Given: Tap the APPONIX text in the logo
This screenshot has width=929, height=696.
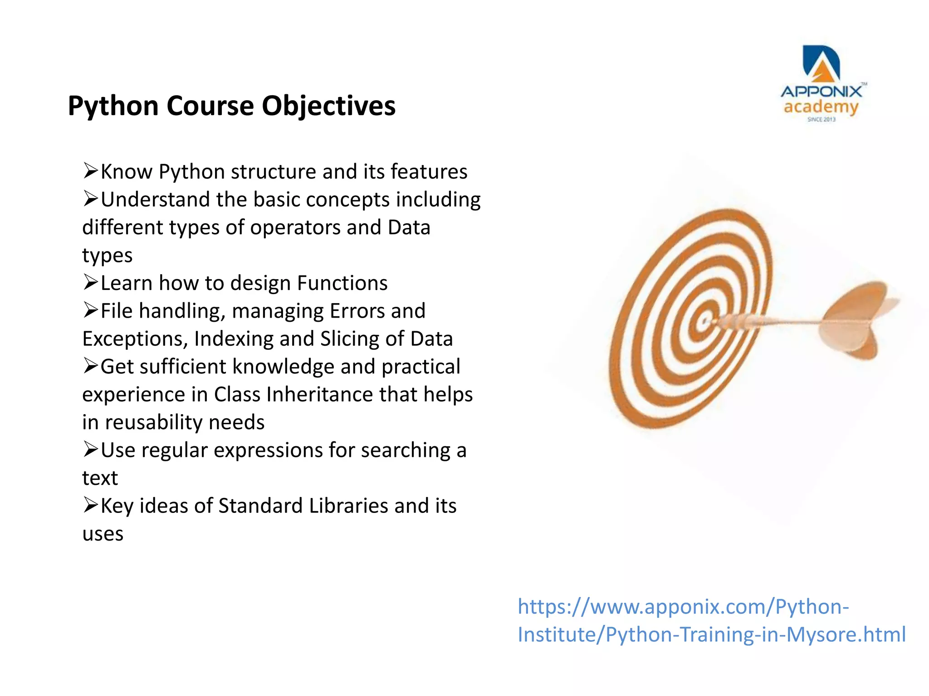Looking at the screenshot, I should [x=821, y=92].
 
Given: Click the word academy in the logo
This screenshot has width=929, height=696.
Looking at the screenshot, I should [x=821, y=107].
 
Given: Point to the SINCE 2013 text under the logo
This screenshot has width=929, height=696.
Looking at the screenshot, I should [x=821, y=120].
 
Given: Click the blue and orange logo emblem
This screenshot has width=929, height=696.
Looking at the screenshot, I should [x=821, y=63].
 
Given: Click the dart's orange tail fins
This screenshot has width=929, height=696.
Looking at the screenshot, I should [x=853, y=319].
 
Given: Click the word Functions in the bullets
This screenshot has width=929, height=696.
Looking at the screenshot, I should [x=342, y=283].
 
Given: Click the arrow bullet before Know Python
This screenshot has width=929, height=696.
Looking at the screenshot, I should [x=90, y=171].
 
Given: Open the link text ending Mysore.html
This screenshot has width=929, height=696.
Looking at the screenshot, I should [x=711, y=634].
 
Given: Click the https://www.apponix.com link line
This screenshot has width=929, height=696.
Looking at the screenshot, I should [x=683, y=607].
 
